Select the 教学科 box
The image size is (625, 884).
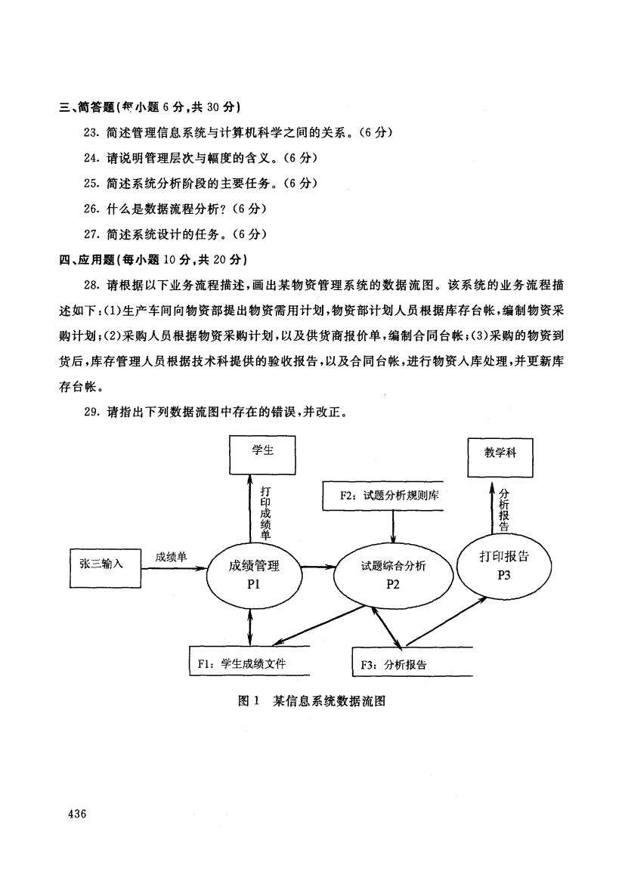click(x=500, y=457)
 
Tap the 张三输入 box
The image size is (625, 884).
click(x=105, y=567)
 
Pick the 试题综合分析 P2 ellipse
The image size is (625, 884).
click(x=393, y=574)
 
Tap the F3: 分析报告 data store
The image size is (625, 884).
click(x=412, y=661)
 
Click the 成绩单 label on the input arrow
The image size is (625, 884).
click(x=171, y=557)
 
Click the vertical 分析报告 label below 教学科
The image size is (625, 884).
click(x=504, y=509)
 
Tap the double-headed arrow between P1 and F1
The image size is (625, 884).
click(x=249, y=625)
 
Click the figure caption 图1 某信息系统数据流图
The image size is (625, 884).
click(x=312, y=700)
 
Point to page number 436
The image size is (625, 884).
click(x=76, y=814)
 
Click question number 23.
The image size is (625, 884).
click(x=91, y=132)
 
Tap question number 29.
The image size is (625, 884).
click(x=91, y=412)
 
